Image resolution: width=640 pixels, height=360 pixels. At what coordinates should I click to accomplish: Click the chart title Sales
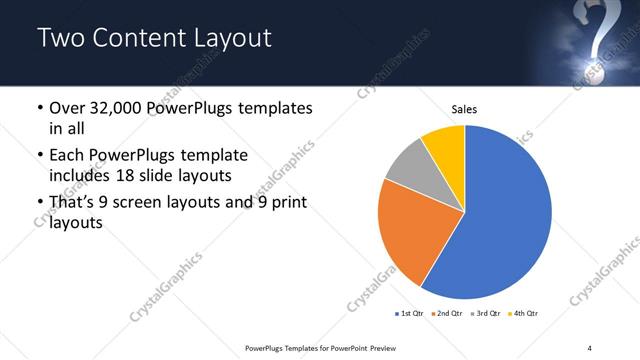pyautogui.click(x=464, y=108)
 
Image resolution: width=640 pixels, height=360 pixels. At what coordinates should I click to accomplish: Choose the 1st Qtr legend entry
pyautogui.click(x=410, y=314)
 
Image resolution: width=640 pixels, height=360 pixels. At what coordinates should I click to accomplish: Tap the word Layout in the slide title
pyautogui.click(x=233, y=39)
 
